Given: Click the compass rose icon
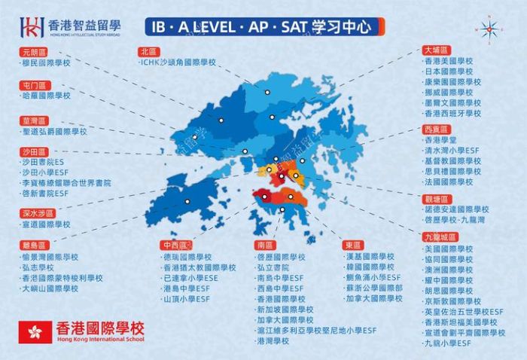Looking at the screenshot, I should [x=489, y=29].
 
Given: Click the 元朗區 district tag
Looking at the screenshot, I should [x=35, y=53].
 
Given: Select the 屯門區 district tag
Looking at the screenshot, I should [x=35, y=85].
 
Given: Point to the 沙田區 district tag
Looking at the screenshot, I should [x=35, y=151].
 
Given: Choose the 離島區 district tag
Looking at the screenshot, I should [x=35, y=245].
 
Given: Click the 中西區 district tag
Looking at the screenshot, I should [x=175, y=246].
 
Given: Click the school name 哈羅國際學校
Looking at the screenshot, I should [x=46, y=96].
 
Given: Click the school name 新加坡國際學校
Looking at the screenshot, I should [x=285, y=309].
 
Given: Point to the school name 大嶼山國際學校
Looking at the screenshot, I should [x=52, y=288].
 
